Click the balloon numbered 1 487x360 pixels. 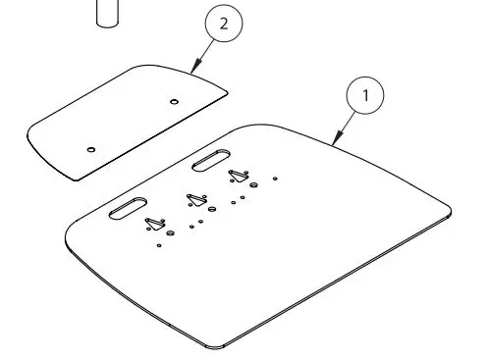(366, 96)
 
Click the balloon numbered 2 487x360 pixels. (223, 26)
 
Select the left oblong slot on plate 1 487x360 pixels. (128, 209)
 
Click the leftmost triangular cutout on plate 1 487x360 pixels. (154, 224)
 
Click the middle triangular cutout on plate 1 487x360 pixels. (195, 200)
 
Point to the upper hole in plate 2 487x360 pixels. (174, 100)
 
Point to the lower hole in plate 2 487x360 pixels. (90, 149)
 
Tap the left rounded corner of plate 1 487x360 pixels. (68, 236)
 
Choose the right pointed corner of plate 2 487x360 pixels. (227, 94)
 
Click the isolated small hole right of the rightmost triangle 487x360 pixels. (276, 179)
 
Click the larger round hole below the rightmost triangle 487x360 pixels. (253, 184)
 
